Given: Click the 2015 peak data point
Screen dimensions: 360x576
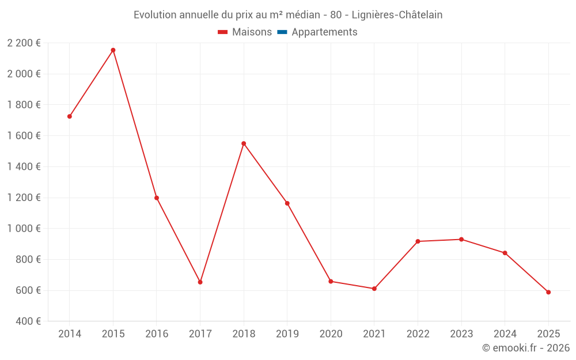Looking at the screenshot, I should pyautogui.click(x=113, y=50).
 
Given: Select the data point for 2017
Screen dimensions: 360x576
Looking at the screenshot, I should pyautogui.click(x=200, y=282).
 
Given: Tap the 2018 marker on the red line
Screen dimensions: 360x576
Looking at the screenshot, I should pyautogui.click(x=244, y=143).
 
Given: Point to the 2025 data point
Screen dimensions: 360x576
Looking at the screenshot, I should pyautogui.click(x=548, y=292).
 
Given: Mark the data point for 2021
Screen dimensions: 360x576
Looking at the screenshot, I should pyautogui.click(x=374, y=289).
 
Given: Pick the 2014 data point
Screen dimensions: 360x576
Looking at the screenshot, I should pyautogui.click(x=70, y=116).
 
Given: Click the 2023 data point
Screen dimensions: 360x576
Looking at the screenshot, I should pyautogui.click(x=461, y=240).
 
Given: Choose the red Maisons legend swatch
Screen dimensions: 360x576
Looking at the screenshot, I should pyautogui.click(x=223, y=32).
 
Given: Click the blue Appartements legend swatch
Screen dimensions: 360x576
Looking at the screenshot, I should pyautogui.click(x=282, y=32).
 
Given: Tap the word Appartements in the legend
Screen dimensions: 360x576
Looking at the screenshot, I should pyautogui.click(x=324, y=32).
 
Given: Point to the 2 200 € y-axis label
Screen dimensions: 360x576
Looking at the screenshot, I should pyautogui.click(x=24, y=43).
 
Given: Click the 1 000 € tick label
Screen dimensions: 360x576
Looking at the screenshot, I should pyautogui.click(x=24, y=229).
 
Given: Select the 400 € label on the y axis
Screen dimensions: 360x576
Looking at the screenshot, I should pyautogui.click(x=28, y=321).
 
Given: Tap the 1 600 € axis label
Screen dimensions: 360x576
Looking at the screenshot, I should pyautogui.click(x=24, y=136).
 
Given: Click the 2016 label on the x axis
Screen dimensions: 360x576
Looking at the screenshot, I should pyautogui.click(x=157, y=334).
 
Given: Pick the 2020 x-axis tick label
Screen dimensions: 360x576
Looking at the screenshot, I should pyautogui.click(x=331, y=334).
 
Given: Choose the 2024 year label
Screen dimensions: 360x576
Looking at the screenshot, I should pyautogui.click(x=505, y=334).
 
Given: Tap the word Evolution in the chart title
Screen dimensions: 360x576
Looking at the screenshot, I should pyautogui.click(x=155, y=15).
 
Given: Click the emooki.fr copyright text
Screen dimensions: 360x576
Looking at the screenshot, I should pyautogui.click(x=526, y=348).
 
